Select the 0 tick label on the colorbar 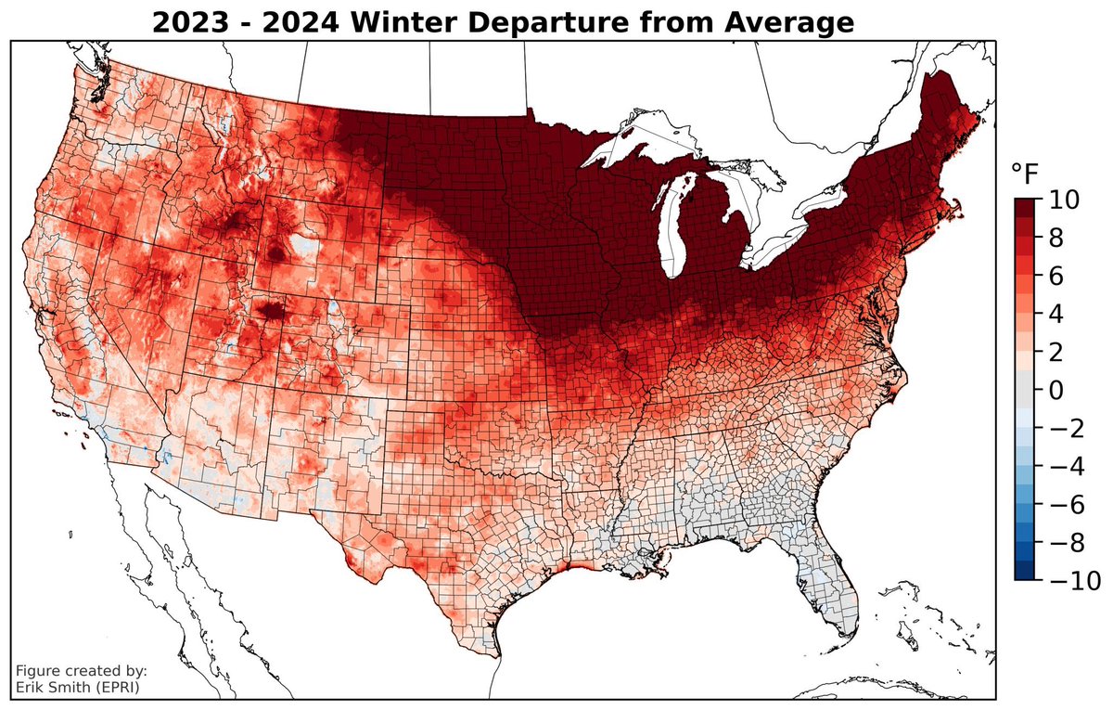coord(1057,390)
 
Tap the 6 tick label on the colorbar coord(1057,276)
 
